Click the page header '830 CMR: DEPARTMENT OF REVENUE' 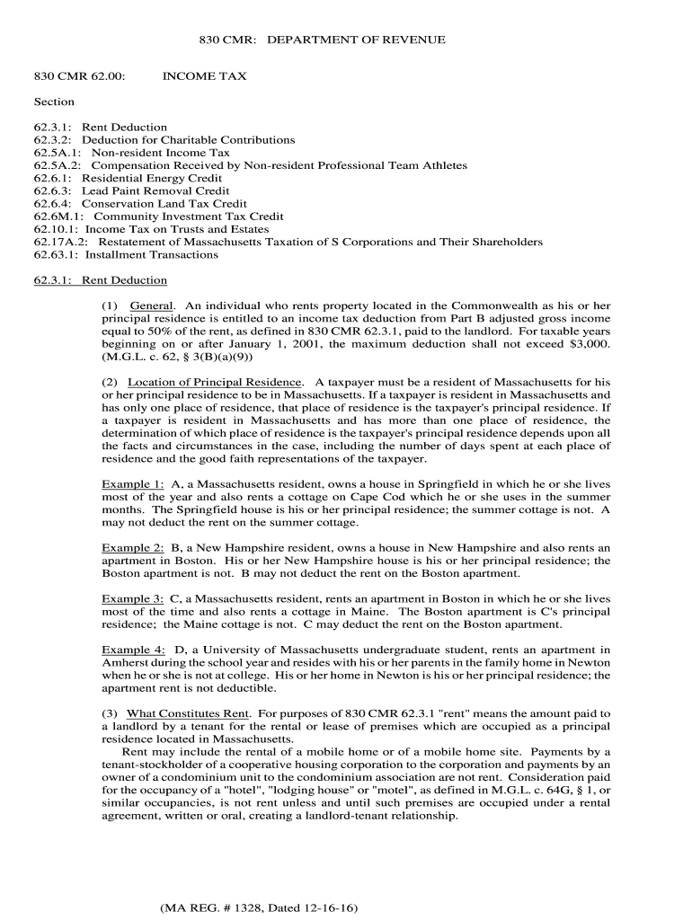[x=321, y=40]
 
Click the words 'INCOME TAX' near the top [x=204, y=77]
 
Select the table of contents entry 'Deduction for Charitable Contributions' [x=189, y=140]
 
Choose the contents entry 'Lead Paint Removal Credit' [x=156, y=191]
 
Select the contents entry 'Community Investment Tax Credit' [x=189, y=217]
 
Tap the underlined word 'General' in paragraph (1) [x=152, y=306]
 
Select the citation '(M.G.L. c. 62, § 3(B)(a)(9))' [x=165, y=357]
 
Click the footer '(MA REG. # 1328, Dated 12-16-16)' [x=253, y=907]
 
